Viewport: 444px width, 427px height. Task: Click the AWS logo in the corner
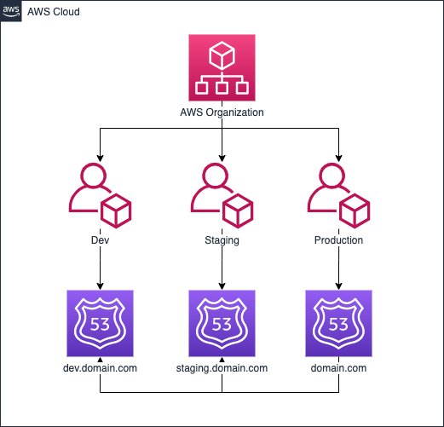coord(11,11)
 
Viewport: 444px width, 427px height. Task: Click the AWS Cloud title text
coord(54,12)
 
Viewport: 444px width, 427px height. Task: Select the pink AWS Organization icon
coord(222,67)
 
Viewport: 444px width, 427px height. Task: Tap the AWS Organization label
coord(222,113)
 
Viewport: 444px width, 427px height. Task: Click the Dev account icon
coord(100,195)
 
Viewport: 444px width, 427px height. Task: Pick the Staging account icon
coord(222,195)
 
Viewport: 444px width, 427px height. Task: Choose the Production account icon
coord(338,195)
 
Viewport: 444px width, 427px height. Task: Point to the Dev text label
coord(100,240)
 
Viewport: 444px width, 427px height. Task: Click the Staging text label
coord(222,240)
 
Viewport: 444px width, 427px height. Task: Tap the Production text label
coord(338,240)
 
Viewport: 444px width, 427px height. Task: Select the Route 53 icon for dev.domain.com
coord(100,323)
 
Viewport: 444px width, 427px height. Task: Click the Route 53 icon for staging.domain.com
coord(222,323)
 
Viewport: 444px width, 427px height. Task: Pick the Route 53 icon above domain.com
coord(338,323)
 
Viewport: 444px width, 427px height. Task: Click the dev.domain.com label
coord(100,368)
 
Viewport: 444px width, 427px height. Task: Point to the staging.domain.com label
coord(222,369)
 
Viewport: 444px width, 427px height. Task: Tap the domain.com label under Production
coord(338,368)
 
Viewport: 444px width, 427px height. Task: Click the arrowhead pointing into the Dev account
coord(100,159)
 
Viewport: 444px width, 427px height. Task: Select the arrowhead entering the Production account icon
coord(338,159)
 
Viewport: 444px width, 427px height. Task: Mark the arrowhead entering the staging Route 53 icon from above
coord(222,286)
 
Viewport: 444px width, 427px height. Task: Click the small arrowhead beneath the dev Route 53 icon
coord(100,360)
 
